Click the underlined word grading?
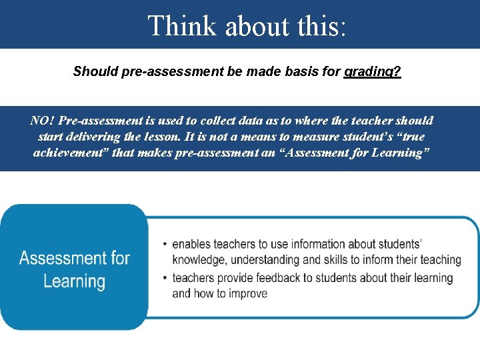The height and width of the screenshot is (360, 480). tap(373, 71)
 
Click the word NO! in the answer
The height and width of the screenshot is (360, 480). tap(43, 121)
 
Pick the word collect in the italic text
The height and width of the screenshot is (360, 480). tap(211, 121)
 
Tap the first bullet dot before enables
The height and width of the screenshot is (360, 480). tap(165, 245)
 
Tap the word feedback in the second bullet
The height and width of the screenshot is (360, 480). tap(287, 278)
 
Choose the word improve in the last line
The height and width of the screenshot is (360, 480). tap(247, 294)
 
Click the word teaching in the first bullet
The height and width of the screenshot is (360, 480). tap(437, 260)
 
